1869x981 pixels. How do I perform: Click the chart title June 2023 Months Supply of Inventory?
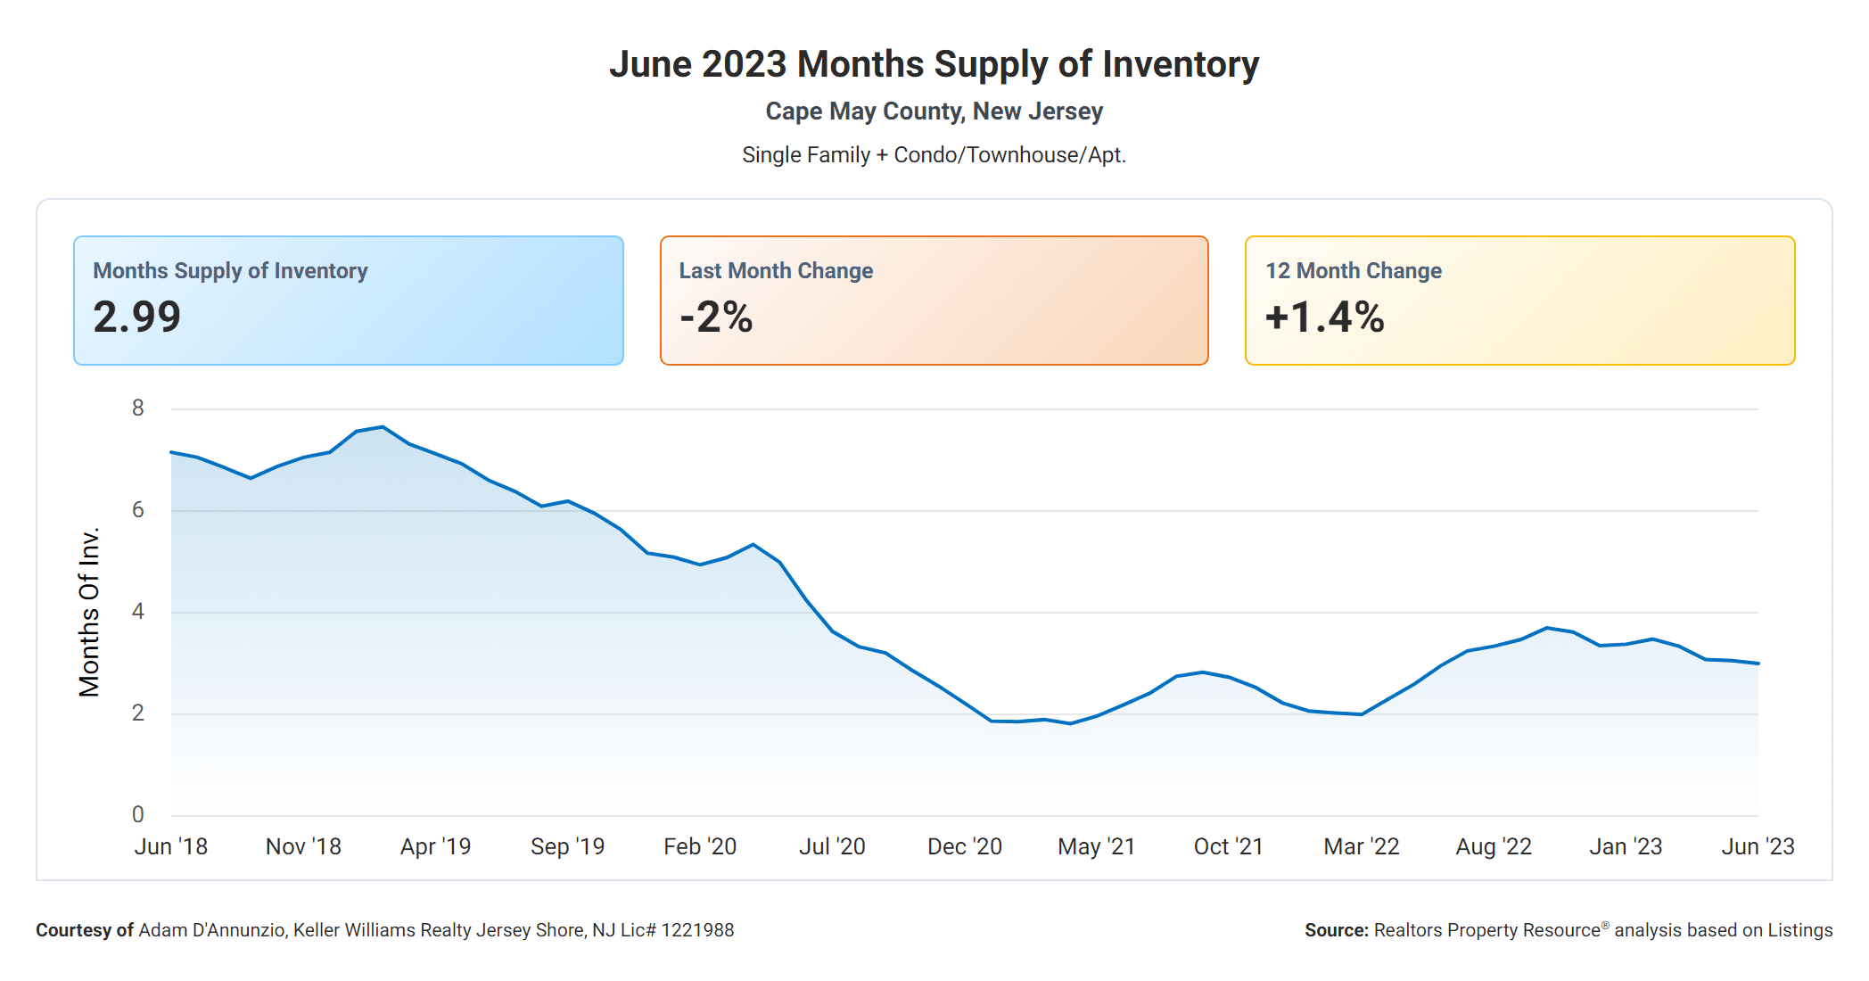click(x=934, y=64)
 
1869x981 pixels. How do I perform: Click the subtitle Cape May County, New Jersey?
click(x=934, y=111)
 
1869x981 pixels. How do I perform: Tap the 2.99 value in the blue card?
click(x=137, y=317)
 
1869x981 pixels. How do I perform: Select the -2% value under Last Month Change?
click(x=716, y=317)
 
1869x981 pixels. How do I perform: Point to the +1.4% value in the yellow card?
click(x=1324, y=317)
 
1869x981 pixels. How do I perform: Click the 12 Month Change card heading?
click(x=1353, y=270)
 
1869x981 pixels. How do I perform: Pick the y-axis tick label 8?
click(x=137, y=408)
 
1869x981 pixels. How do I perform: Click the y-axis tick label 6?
click(x=137, y=510)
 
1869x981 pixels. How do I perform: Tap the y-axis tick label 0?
click(x=137, y=814)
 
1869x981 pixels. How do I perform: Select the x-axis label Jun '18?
click(x=170, y=846)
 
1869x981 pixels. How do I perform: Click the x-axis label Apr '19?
click(x=435, y=846)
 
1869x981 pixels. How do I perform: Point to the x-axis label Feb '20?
click(x=700, y=846)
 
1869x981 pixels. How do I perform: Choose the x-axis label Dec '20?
click(x=964, y=846)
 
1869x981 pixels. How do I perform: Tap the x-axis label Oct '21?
click(x=1228, y=846)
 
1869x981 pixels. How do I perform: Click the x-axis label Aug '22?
click(x=1494, y=846)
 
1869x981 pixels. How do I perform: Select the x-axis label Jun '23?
click(x=1757, y=846)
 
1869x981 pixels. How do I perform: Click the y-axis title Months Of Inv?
click(x=89, y=612)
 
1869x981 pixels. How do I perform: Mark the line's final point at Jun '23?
click(x=1758, y=664)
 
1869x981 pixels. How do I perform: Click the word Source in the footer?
click(x=1335, y=930)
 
